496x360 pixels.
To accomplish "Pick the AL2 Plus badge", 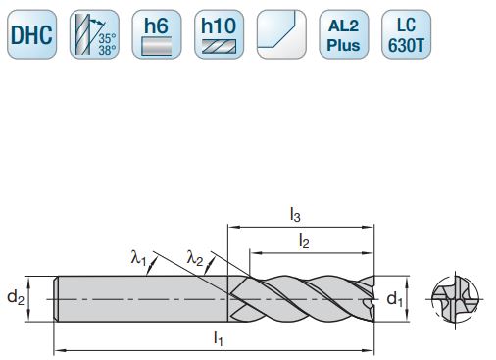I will pos(340,34).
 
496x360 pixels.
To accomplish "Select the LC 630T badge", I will pos(403,34).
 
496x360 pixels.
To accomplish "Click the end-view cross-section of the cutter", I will pos(456,297).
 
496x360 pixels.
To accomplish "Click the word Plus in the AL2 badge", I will pos(340,44).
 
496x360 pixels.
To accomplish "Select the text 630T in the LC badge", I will pos(403,44).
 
